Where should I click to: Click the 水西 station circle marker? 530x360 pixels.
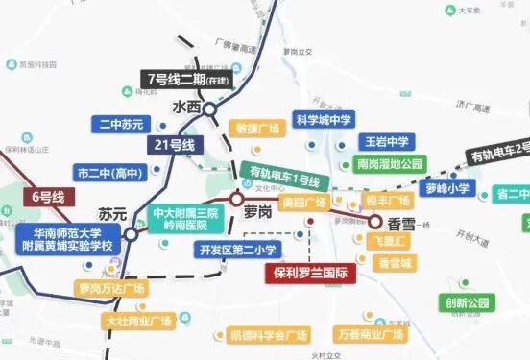pyautogui.click(x=210, y=109)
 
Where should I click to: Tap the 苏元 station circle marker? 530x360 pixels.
pyautogui.click(x=131, y=233)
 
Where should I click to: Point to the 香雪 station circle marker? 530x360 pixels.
pyautogui.click(x=373, y=221)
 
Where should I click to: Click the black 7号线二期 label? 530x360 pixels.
pyautogui.click(x=190, y=78)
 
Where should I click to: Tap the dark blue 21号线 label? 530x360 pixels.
pyautogui.click(x=175, y=145)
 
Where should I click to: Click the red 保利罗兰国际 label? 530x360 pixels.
pyautogui.click(x=310, y=273)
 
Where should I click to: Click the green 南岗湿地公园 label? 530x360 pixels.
pyautogui.click(x=389, y=164)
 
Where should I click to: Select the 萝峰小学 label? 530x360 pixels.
pyautogui.click(x=448, y=188)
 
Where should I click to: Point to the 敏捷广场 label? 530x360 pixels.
pyautogui.click(x=257, y=129)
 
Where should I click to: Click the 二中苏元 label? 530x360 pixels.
pyautogui.click(x=122, y=124)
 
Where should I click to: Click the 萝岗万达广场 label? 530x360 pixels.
pyautogui.click(x=112, y=288)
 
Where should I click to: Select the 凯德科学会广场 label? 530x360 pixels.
pyautogui.click(x=269, y=335)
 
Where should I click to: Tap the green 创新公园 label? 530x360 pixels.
pyautogui.click(x=468, y=302)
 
